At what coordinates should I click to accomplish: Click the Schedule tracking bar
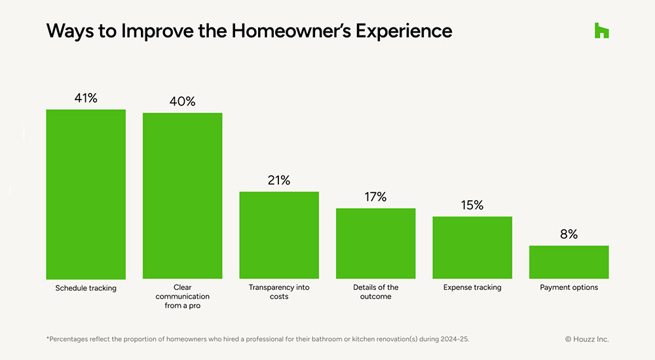(x=85, y=194)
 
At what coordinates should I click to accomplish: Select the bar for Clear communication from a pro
(x=182, y=196)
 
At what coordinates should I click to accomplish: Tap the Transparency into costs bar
(x=279, y=236)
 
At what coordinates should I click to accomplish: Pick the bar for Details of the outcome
(x=375, y=243)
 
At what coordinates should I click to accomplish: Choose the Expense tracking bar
(x=472, y=247)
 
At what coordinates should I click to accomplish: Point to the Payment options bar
(x=569, y=262)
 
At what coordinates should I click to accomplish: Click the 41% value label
(x=86, y=98)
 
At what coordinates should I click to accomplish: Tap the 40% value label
(x=182, y=101)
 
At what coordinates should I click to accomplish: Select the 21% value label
(x=279, y=180)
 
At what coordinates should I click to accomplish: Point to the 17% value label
(x=375, y=197)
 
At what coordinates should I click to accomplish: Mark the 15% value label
(x=472, y=205)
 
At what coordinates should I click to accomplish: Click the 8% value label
(x=569, y=234)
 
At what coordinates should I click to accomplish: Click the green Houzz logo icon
(x=601, y=30)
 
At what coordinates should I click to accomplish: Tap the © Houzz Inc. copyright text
(x=587, y=339)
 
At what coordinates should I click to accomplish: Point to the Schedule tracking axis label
(x=86, y=288)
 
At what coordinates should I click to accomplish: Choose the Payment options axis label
(x=569, y=287)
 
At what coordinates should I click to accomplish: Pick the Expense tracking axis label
(x=472, y=287)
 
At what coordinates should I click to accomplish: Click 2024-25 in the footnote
(x=455, y=339)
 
